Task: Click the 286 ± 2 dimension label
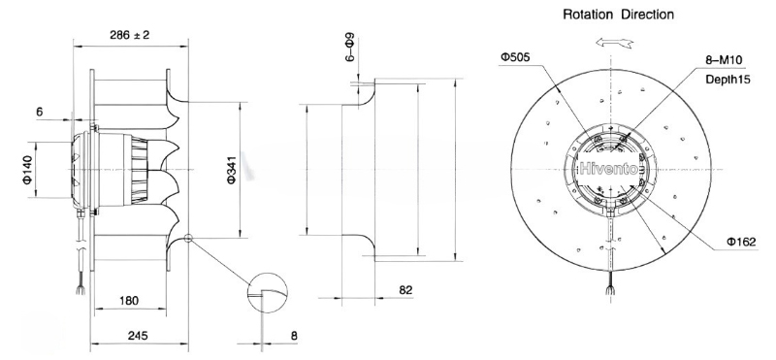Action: (130, 35)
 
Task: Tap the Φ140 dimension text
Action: (28, 170)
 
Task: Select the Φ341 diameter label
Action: (232, 170)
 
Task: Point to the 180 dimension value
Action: (129, 300)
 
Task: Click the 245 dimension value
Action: (138, 335)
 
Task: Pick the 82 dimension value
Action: (405, 290)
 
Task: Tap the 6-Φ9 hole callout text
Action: (349, 47)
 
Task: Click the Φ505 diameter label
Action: (515, 57)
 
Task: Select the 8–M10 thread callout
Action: (724, 60)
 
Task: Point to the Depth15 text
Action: (727, 80)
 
